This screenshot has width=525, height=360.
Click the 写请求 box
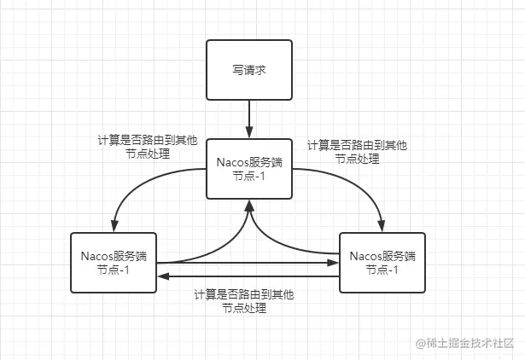point(248,69)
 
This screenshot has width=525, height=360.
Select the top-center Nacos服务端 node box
point(248,168)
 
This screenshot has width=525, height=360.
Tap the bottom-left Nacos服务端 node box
point(114,262)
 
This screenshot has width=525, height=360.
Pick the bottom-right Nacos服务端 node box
point(382,262)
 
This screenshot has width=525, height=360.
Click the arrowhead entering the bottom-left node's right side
point(164,276)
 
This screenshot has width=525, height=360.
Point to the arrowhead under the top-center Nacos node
point(248,205)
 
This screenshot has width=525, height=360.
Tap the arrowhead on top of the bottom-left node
point(114,225)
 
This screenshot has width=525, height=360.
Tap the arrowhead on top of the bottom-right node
point(382,225)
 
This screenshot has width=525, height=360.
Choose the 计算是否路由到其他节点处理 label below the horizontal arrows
point(244,301)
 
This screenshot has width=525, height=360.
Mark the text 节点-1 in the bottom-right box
point(382,270)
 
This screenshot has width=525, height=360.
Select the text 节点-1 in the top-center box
point(248,176)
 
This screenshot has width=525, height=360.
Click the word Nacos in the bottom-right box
point(366,255)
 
